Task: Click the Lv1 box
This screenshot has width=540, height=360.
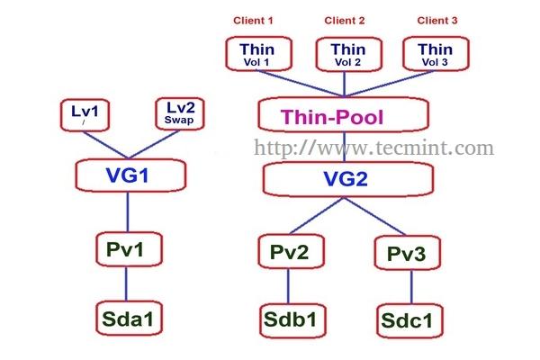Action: (85, 116)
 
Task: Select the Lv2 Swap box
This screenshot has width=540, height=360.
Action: (183, 115)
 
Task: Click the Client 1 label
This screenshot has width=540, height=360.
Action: (253, 20)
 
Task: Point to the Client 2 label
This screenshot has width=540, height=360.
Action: (346, 20)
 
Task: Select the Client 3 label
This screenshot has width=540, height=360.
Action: (436, 20)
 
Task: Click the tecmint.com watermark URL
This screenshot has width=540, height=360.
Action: (373, 146)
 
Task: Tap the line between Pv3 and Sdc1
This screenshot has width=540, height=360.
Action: (411, 287)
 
